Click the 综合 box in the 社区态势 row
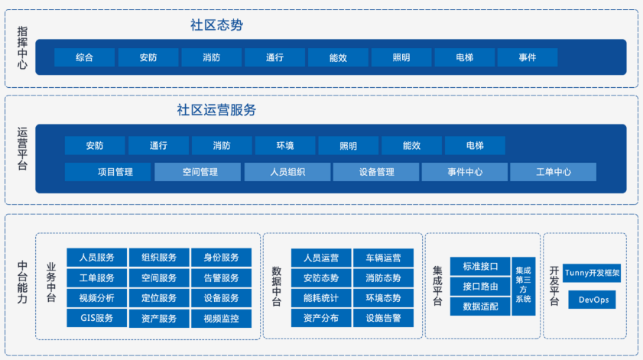click(x=84, y=57)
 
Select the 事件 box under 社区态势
click(x=528, y=57)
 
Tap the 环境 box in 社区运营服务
click(x=285, y=145)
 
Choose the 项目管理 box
click(x=108, y=172)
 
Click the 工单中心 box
click(x=554, y=172)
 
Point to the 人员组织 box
click(x=287, y=172)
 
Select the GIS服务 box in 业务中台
click(x=97, y=318)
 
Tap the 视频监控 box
click(x=222, y=319)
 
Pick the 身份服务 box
click(x=222, y=258)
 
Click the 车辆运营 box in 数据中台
click(x=383, y=258)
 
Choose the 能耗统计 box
click(x=321, y=298)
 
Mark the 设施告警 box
click(x=383, y=318)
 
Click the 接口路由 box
click(x=480, y=286)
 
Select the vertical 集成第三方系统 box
click(x=524, y=286)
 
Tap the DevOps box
click(x=592, y=300)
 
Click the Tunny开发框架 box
click(x=592, y=273)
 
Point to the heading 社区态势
click(x=216, y=25)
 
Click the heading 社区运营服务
click(x=216, y=110)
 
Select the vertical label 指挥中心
click(x=22, y=47)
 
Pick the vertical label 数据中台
click(x=277, y=286)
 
